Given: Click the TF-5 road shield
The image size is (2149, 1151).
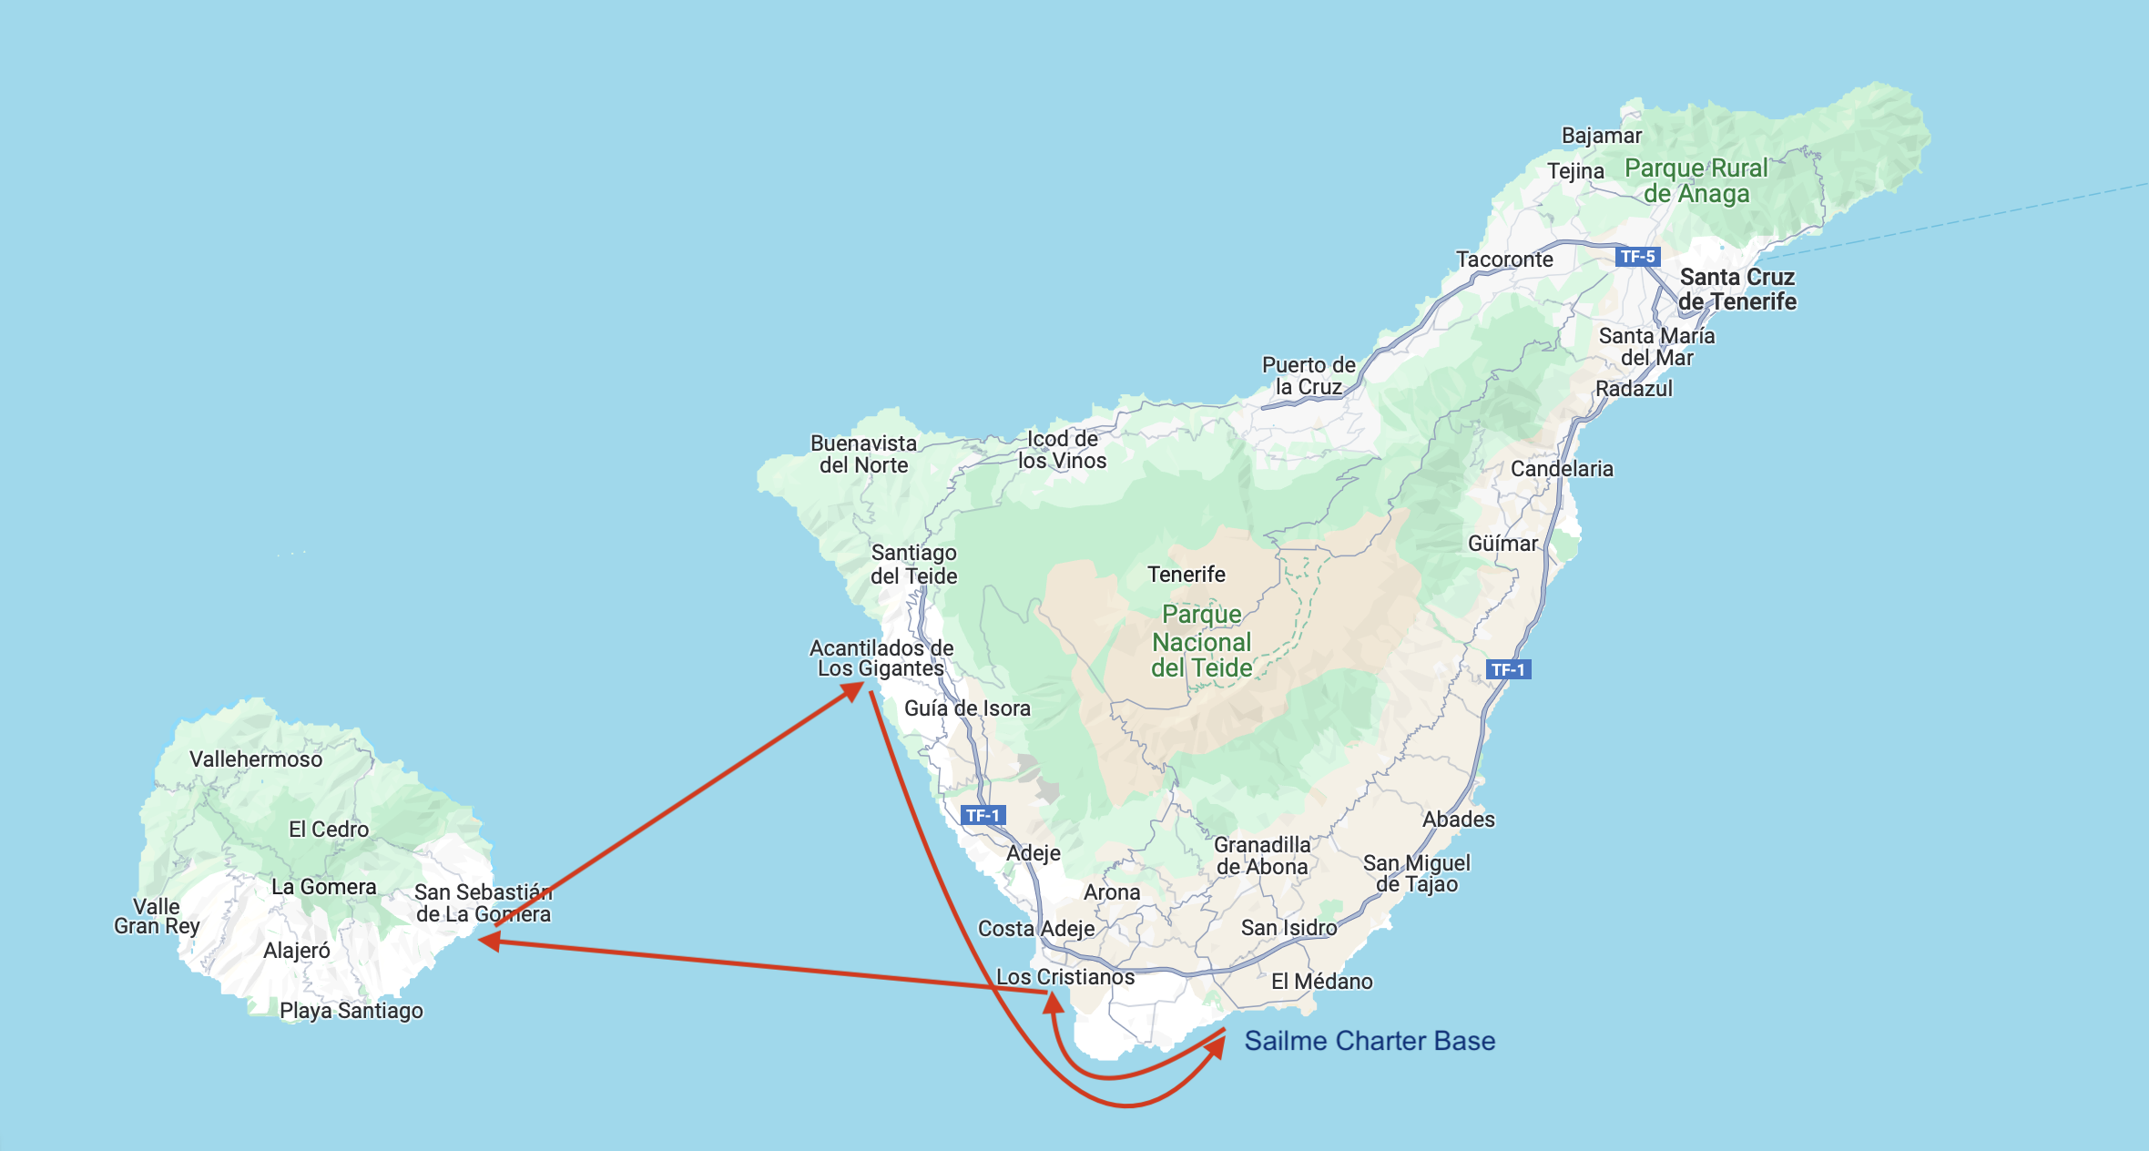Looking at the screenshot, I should point(1637,257).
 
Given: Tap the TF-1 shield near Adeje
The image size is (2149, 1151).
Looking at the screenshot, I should point(983,815).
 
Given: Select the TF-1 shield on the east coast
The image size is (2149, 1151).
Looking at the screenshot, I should point(1508,669).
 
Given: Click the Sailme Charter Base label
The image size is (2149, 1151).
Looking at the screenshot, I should point(1370,1041).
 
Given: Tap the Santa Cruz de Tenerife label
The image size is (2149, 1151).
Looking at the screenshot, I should point(1737,289).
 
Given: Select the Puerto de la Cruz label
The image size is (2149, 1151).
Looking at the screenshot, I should point(1309,375).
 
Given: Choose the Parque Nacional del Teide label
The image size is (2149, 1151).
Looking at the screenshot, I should point(1202,641).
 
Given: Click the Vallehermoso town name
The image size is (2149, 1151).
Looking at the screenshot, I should point(256,759).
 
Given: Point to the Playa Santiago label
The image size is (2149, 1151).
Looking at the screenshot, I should point(351,1010).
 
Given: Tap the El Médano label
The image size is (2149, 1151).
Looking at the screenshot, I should point(1321,981).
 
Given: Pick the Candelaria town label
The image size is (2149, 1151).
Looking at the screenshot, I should point(1562,468).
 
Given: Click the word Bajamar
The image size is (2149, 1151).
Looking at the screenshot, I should point(1602,136).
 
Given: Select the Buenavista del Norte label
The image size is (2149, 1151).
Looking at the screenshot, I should point(863,453).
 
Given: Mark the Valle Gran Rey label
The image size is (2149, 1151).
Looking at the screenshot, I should point(157,916).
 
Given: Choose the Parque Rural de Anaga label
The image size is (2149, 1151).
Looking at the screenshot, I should point(1696,180).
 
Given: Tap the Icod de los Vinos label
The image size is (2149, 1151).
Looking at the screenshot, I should point(1062,449).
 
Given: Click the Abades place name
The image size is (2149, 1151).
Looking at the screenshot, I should point(1459,819).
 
